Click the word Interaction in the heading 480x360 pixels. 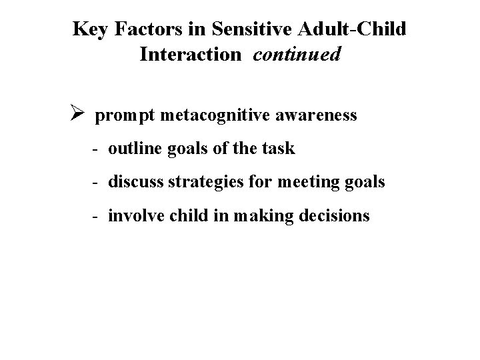[189, 55]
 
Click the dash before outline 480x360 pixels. [97, 149]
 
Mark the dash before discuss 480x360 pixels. [97, 181]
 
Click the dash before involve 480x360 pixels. [97, 215]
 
